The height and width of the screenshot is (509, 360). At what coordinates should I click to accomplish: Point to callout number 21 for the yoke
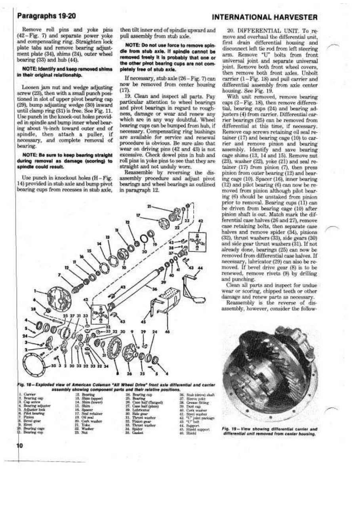point(149,207)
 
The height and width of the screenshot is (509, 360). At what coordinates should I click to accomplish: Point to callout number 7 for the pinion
point(60,274)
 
